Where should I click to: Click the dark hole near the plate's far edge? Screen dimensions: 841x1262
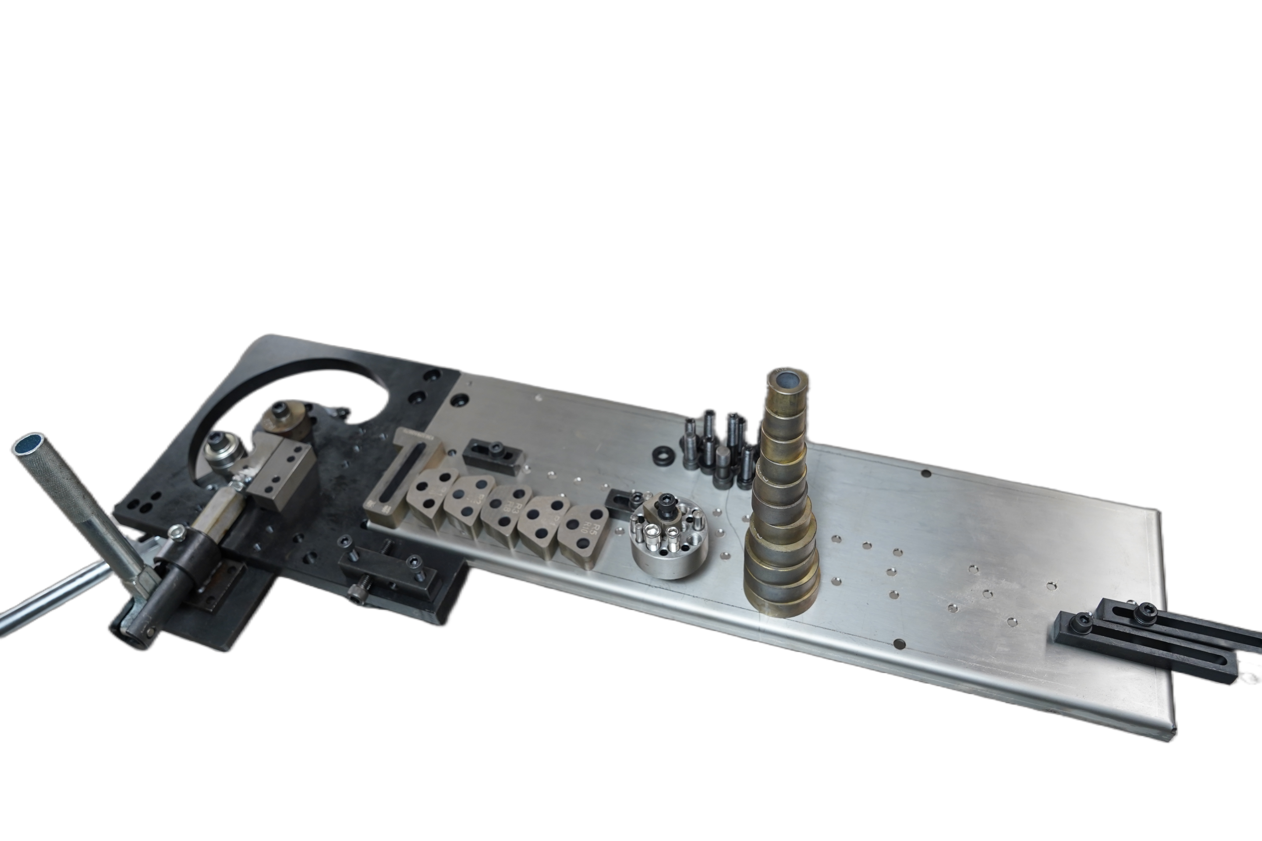pos(925,473)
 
